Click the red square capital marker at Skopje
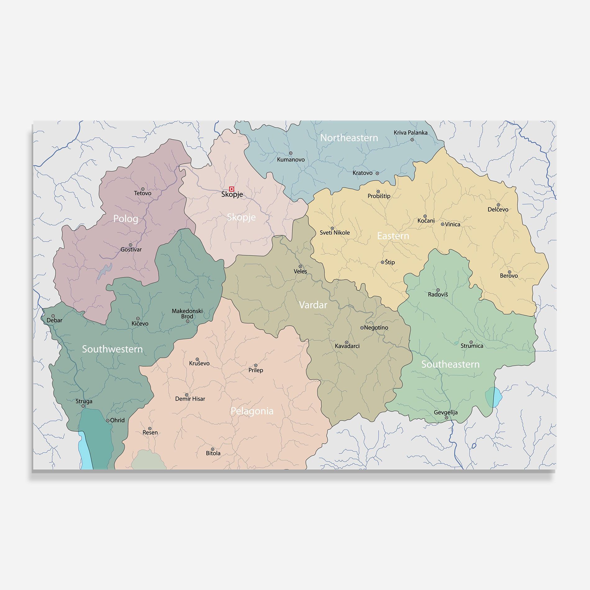point(231,189)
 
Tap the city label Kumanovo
point(291,160)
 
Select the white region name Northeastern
point(349,138)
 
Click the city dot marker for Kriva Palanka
point(412,140)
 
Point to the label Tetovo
point(143,193)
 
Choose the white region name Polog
point(125,219)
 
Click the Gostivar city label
point(131,249)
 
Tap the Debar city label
point(54,320)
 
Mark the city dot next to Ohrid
point(107,420)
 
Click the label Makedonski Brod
point(187,313)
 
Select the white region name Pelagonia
point(252,411)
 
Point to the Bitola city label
point(213,453)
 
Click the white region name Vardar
point(313,305)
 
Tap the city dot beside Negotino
point(362,328)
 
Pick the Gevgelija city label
point(446,412)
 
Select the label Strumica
point(472,346)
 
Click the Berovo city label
point(509,275)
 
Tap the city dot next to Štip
point(382,262)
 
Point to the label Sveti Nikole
point(334,233)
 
